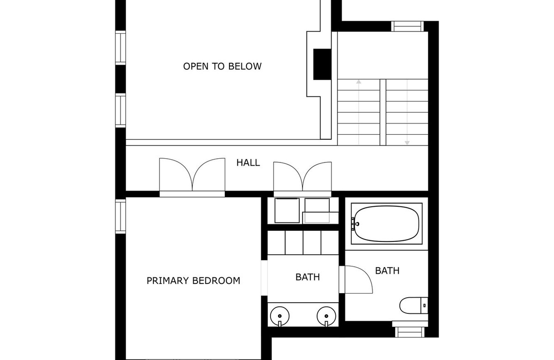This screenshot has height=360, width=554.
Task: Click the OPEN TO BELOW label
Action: tap(222, 66)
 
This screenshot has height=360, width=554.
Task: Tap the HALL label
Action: tap(248, 162)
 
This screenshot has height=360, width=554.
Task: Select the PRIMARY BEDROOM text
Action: tap(193, 281)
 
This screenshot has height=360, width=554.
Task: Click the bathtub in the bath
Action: tap(386, 223)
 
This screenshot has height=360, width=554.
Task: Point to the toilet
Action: tap(414, 306)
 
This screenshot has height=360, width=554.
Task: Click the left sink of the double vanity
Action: tap(280, 317)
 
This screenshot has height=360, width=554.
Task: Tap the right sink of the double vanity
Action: tap(326, 317)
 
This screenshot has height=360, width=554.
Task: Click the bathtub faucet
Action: tap(355, 224)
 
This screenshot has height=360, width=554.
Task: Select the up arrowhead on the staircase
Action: tap(359, 82)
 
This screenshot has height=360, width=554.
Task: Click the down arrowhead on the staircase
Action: tap(407, 143)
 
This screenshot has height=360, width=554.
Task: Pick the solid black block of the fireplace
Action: tap(322, 64)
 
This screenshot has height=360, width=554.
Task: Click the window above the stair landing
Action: tap(407, 26)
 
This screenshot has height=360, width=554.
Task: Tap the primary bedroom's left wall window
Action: tap(120, 216)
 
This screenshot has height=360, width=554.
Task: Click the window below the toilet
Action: tap(410, 332)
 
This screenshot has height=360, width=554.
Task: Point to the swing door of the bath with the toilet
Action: tap(359, 279)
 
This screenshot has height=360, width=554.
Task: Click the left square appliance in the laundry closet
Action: tap(287, 210)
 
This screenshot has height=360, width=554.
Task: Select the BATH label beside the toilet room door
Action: tap(387, 271)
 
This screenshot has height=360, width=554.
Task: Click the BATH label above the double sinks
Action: tap(307, 277)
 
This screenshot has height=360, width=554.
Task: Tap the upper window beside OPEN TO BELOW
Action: tap(120, 48)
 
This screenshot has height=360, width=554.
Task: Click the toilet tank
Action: tap(424, 306)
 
